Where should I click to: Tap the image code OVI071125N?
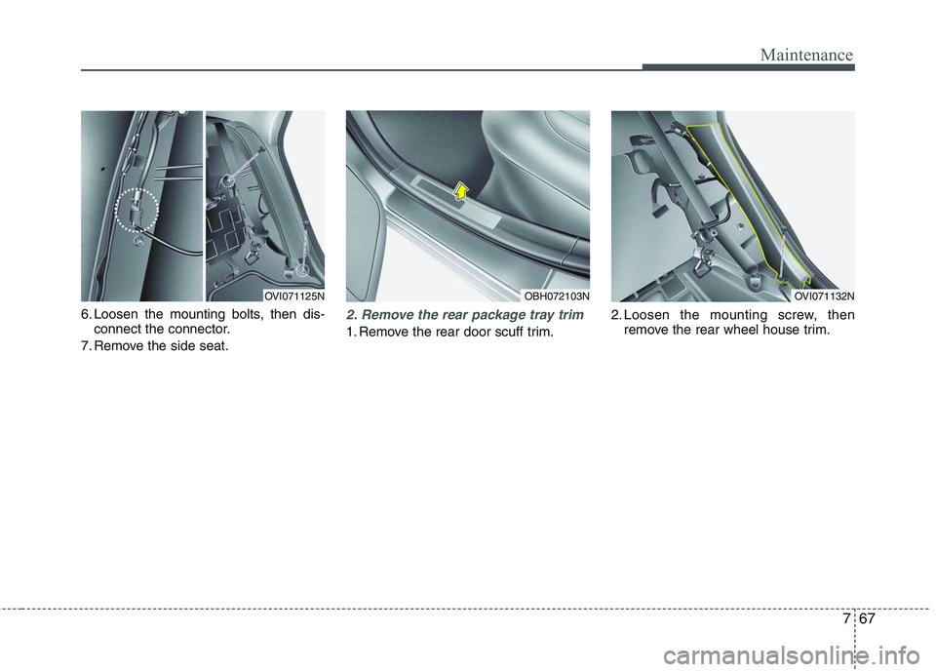pos(293,294)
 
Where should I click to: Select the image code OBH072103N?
pos(556,294)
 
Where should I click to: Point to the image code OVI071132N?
pos(823,294)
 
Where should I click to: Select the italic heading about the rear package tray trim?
pos(464,315)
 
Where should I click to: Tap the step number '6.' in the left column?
pos(86,315)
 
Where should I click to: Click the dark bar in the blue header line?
pos(748,68)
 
